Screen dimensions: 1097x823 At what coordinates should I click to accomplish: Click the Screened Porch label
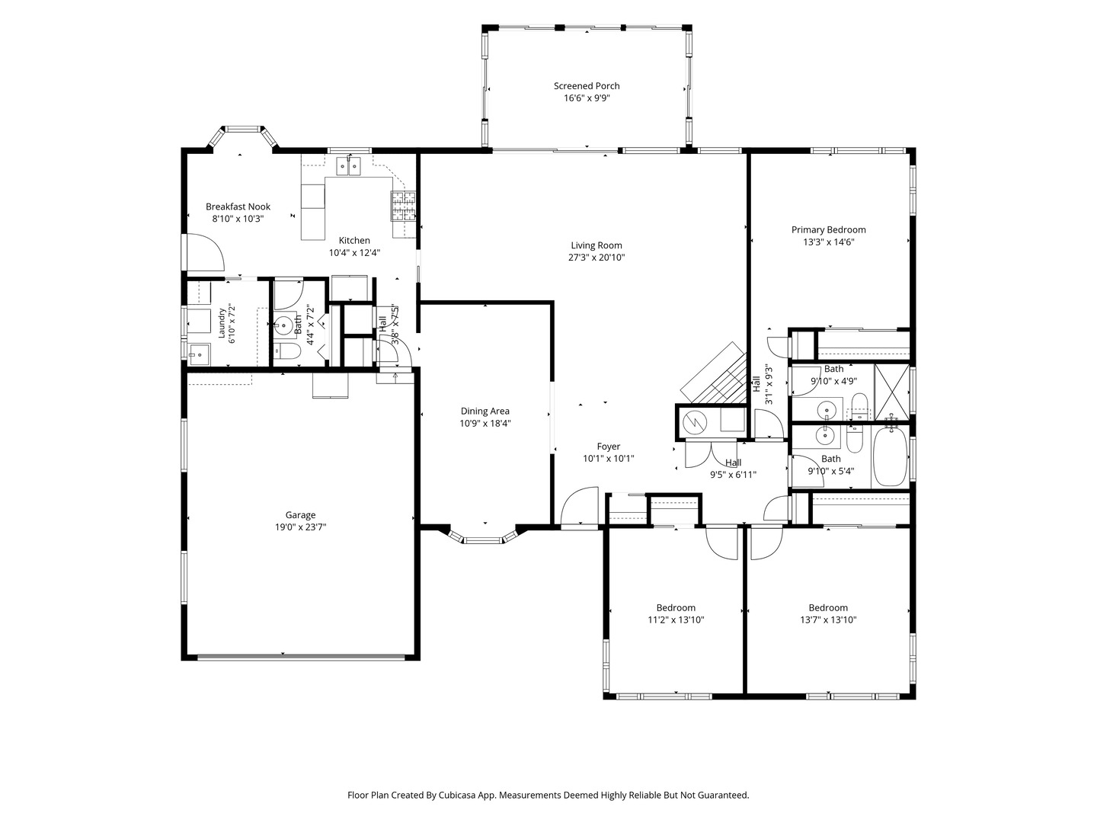point(587,86)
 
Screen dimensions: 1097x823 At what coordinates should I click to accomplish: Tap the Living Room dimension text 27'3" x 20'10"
point(596,258)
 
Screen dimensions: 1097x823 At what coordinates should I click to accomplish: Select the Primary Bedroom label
point(828,230)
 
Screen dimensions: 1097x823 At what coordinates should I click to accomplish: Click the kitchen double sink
point(349,165)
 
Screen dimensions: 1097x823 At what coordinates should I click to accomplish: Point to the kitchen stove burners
point(403,207)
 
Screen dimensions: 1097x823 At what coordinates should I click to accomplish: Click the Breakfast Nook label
point(238,207)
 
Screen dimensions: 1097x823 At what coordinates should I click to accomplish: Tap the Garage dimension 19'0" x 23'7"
point(300,527)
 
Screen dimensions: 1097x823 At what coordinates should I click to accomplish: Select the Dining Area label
point(485,411)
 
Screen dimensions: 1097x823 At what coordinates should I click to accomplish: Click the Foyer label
point(608,447)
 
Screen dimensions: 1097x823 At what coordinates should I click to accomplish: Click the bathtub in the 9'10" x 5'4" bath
point(890,456)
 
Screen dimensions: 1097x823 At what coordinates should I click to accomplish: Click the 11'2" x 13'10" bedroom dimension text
point(676,620)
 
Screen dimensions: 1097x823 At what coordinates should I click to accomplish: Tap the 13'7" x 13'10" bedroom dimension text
point(828,620)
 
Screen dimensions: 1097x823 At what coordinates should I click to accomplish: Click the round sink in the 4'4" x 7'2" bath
point(284,325)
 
